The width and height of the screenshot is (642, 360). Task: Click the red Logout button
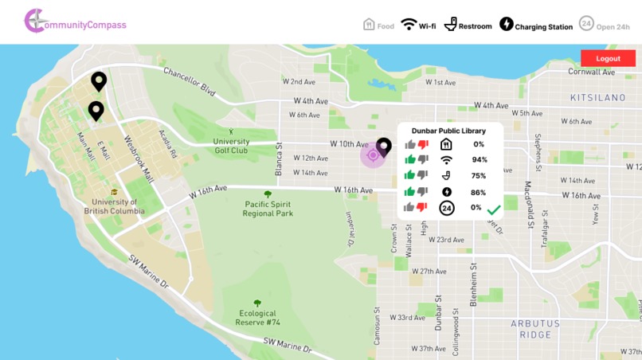pyautogui.click(x=608, y=58)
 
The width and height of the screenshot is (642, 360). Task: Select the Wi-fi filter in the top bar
pyautogui.click(x=418, y=25)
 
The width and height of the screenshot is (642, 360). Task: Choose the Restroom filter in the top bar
pyautogui.click(x=468, y=25)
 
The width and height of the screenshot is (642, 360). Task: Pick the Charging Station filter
pyautogui.click(x=536, y=25)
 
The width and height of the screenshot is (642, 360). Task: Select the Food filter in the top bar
pyautogui.click(x=379, y=25)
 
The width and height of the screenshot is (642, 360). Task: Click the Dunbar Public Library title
pyautogui.click(x=450, y=130)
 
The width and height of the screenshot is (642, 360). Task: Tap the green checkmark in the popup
pyautogui.click(x=494, y=209)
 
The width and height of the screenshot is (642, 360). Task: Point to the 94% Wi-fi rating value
pyautogui.click(x=479, y=160)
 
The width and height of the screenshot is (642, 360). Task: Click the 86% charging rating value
pyautogui.click(x=479, y=192)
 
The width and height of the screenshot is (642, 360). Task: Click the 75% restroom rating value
pyautogui.click(x=479, y=176)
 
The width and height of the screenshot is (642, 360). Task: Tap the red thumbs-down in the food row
pyautogui.click(x=423, y=144)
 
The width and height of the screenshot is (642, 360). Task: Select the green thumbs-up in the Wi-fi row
pyautogui.click(x=410, y=159)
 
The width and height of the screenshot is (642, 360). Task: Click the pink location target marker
pyautogui.click(x=373, y=155)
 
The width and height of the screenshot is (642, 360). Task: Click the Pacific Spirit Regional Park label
pyautogui.click(x=268, y=209)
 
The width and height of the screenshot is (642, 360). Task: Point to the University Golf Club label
pyautogui.click(x=231, y=146)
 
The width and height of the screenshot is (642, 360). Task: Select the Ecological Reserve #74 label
pyautogui.click(x=257, y=318)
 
